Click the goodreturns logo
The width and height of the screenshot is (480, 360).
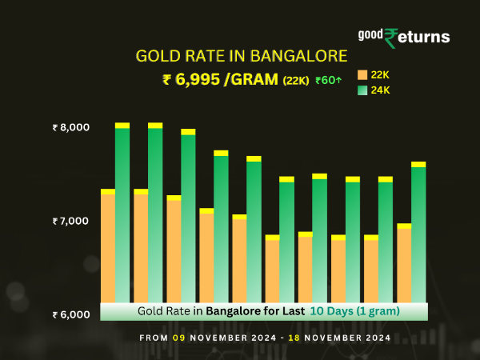pyautogui.click(x=404, y=37)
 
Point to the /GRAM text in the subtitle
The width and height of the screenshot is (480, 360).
pyautogui.click(x=252, y=79)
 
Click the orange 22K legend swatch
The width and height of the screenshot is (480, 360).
pyautogui.click(x=362, y=74)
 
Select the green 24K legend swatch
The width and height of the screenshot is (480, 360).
pyautogui.click(x=362, y=90)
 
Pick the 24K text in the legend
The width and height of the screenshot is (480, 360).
pyautogui.click(x=380, y=90)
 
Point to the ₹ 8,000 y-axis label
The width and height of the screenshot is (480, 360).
pyautogui.click(x=71, y=127)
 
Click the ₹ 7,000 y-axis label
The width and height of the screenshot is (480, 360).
pyautogui.click(x=71, y=221)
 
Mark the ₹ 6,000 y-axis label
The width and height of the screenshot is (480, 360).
pyautogui.click(x=71, y=314)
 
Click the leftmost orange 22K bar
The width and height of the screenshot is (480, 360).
pyautogui.click(x=108, y=248)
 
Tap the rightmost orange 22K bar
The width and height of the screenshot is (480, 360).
pyautogui.click(x=404, y=264)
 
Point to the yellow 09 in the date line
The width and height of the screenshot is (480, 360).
pyautogui.click(x=178, y=338)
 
